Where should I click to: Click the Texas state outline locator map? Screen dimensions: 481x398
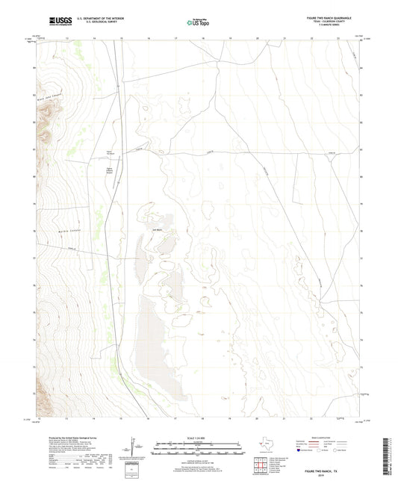(x=267, y=446)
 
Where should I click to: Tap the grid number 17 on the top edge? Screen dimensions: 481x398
(x=175, y=37)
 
